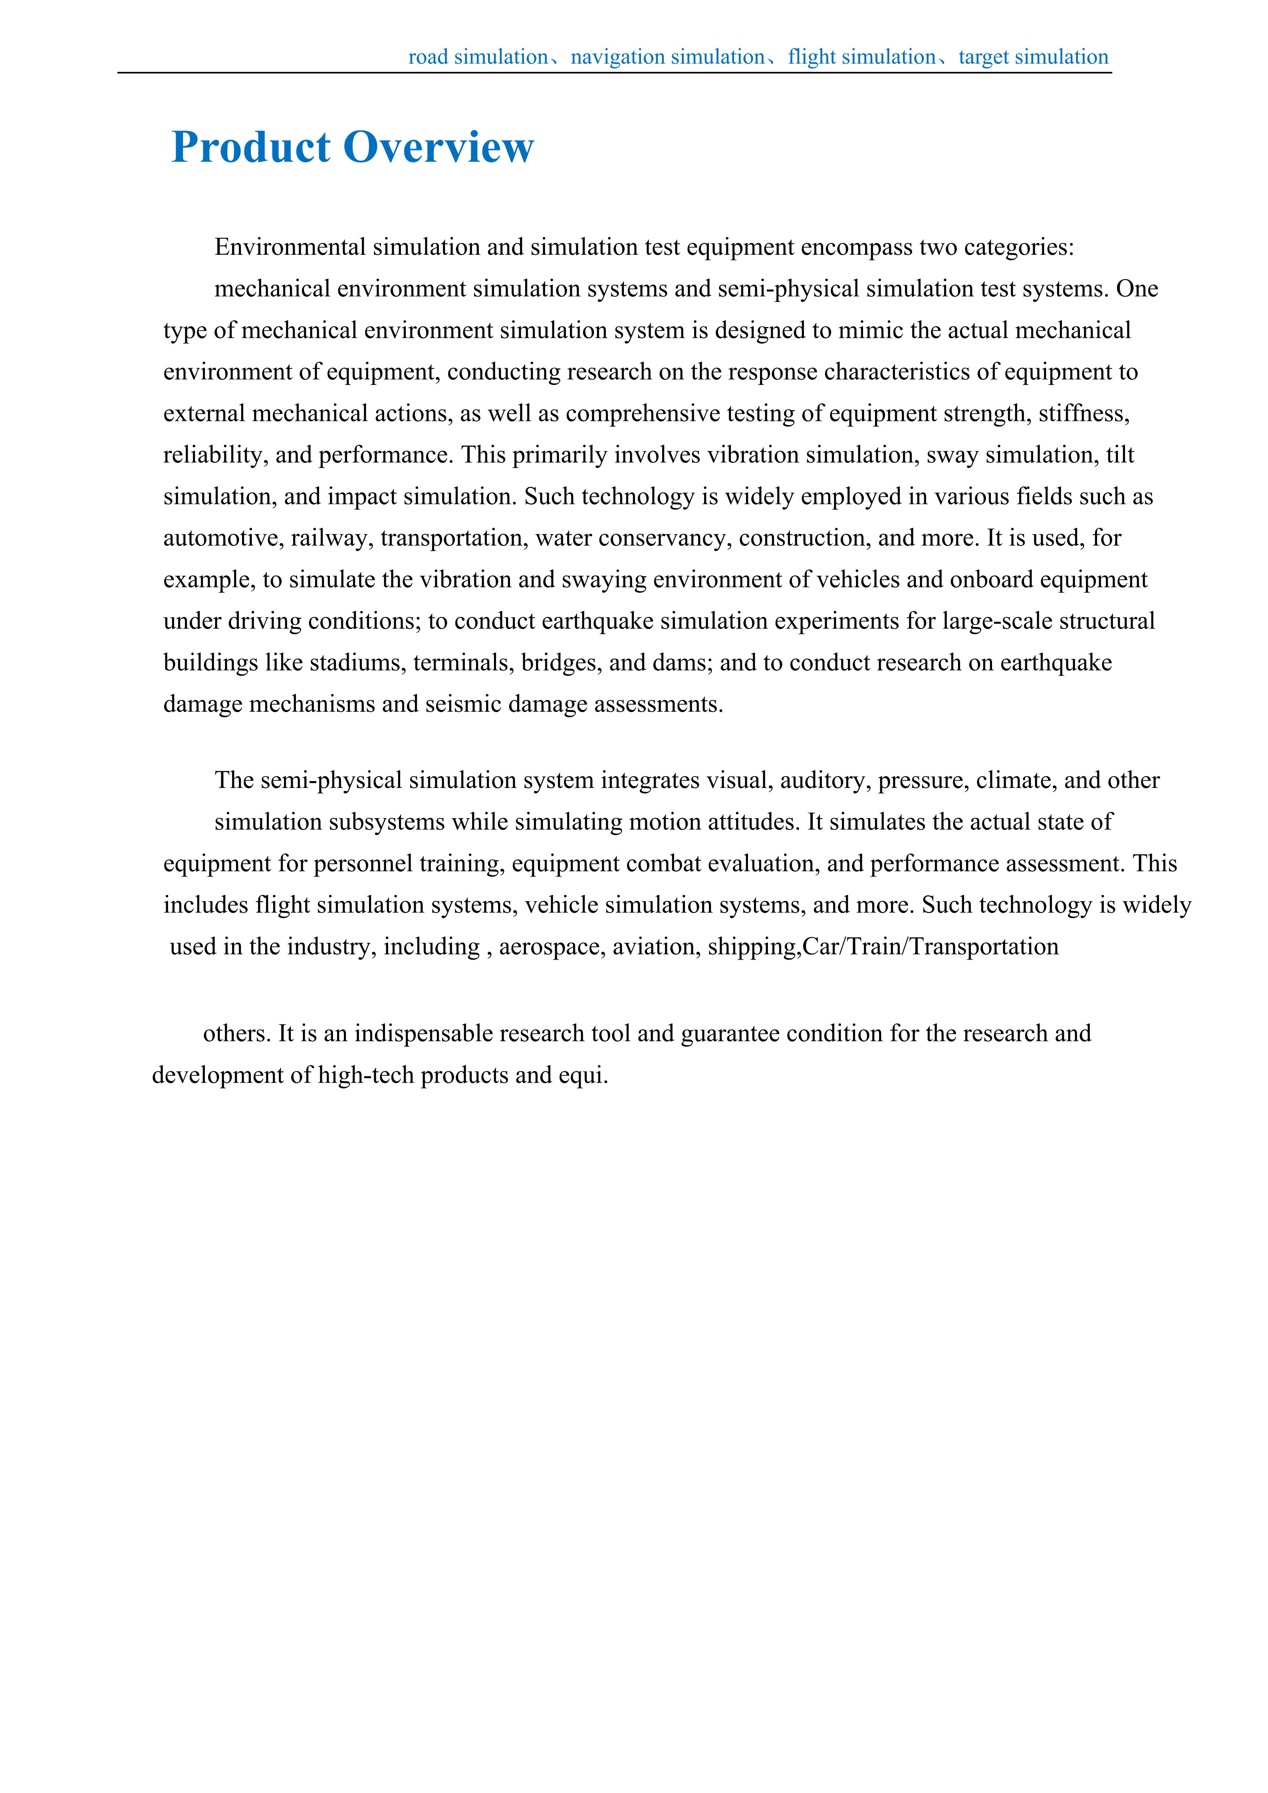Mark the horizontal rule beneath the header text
615,73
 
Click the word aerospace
551,946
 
